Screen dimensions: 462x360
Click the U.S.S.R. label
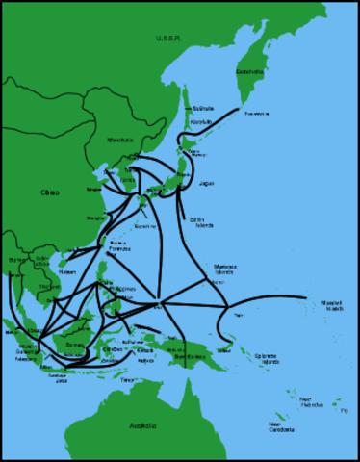(x=169, y=38)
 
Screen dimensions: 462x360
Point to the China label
(x=49, y=192)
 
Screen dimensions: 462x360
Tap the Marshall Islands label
(x=332, y=305)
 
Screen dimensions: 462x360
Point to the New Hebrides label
(x=305, y=401)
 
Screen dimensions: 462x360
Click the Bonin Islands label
(x=200, y=222)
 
